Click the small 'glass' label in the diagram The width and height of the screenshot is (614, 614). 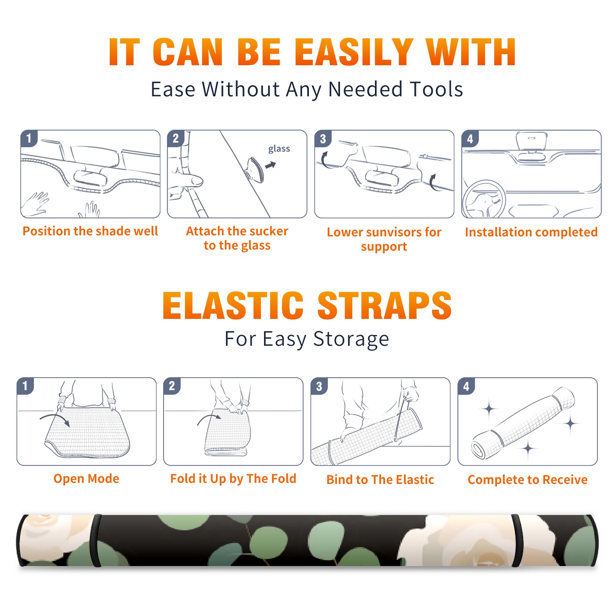pyautogui.click(x=279, y=149)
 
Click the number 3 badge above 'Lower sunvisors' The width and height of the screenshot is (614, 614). pyautogui.click(x=323, y=139)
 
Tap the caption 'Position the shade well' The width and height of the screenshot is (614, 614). pyautogui.click(x=90, y=231)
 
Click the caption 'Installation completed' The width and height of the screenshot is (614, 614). pyautogui.click(x=531, y=232)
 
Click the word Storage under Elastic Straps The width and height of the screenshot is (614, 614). pyautogui.click(x=351, y=339)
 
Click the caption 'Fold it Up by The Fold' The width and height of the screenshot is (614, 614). pyautogui.click(x=233, y=479)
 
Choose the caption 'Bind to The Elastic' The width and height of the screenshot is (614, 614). pyautogui.click(x=380, y=480)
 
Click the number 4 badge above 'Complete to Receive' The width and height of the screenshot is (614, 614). pyautogui.click(x=466, y=386)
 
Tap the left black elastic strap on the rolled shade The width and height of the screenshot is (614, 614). pyautogui.click(x=96, y=540)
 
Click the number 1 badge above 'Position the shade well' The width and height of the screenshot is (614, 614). pyautogui.click(x=29, y=139)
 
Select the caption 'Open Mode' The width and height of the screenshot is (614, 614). pyautogui.click(x=86, y=479)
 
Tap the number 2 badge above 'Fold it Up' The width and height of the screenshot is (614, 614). pyautogui.click(x=172, y=386)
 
